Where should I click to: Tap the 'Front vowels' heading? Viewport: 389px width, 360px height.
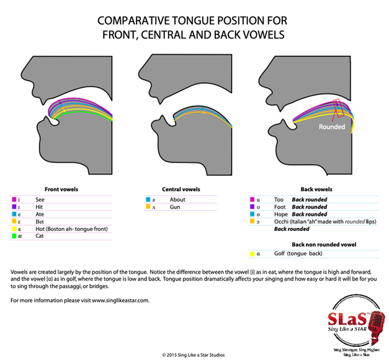61,189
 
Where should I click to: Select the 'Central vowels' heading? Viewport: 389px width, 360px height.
181,189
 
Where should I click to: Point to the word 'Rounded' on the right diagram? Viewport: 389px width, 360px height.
332,127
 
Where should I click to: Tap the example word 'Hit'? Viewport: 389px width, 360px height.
40,207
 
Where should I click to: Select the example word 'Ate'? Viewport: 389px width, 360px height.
40,214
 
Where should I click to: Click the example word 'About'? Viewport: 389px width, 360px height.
177,199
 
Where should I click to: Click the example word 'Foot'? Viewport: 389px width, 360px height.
280,207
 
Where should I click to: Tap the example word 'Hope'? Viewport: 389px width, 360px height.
280,214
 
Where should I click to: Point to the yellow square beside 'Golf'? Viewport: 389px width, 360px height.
253,254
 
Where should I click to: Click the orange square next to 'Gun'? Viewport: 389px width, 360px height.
148,207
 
